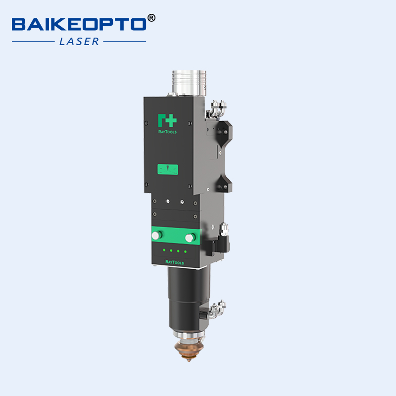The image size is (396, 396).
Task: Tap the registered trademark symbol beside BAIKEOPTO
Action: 151,18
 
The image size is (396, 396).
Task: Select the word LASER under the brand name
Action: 79,42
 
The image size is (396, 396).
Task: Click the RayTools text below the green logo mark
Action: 167,132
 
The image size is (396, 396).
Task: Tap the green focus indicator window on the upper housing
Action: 168,169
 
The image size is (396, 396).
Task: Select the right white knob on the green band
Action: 189,238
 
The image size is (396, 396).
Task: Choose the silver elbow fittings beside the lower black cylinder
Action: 215,309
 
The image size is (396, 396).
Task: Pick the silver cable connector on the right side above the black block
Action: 223,228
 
